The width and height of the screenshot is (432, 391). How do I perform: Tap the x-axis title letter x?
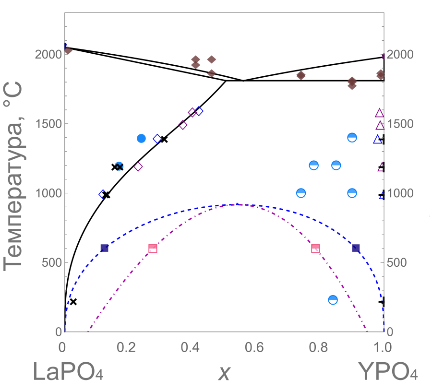pos(224,372)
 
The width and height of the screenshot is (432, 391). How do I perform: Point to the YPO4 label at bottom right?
pos(387,372)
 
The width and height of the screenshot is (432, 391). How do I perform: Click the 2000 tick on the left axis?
pos(48,54)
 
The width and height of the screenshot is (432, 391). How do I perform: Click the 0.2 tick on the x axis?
pos(128,346)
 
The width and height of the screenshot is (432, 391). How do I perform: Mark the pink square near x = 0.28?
pos(153,249)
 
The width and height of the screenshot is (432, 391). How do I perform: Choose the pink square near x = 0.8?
pos(315,249)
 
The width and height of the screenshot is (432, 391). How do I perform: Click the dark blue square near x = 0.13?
pos(104,248)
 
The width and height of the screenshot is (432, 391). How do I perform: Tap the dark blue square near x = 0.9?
pos(356,248)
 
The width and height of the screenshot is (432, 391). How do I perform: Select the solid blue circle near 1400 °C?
pos(141,138)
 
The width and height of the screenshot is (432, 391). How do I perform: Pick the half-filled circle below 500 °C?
pos(333,300)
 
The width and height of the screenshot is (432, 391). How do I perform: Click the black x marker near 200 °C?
pos(73,302)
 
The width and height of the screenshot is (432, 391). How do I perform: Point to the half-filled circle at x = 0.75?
pos(301,193)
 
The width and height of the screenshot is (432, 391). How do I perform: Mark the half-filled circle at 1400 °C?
pos(352,138)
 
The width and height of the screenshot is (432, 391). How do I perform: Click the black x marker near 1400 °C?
pos(164,139)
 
